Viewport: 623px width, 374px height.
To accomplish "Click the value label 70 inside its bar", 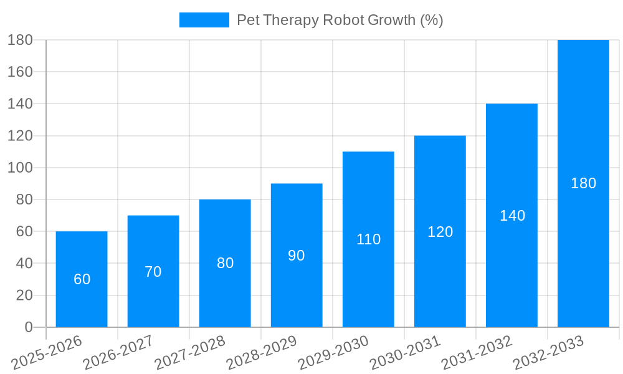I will (x=153, y=272).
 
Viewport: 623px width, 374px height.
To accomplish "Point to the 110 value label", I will (x=368, y=239).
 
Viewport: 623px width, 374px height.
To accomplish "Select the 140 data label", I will (x=512, y=216).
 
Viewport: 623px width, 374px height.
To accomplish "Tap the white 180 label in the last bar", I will (x=583, y=183).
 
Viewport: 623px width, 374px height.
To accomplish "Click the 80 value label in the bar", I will (x=225, y=263).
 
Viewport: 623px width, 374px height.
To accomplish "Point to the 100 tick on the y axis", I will (x=20, y=168).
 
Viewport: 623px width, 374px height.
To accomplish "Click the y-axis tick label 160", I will (x=20, y=72).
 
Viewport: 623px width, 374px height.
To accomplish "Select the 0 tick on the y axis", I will (x=28, y=327).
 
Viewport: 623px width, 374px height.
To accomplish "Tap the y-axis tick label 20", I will (x=24, y=295).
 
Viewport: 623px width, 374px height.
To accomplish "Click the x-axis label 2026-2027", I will (x=118, y=352).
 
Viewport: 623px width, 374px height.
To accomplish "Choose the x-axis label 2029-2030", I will (x=333, y=352).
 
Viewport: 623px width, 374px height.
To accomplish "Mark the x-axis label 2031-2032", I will (x=477, y=352).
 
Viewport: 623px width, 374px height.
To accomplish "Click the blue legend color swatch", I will (x=204, y=20).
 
